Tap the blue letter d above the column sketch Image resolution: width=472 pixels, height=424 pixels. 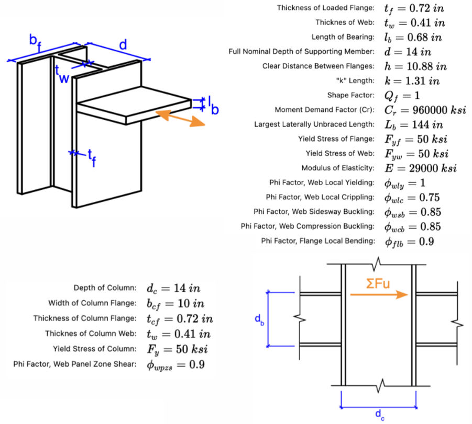[x=123, y=45]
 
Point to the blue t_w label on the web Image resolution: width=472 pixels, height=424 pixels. [x=62, y=74]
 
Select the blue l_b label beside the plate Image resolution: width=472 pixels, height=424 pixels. [x=213, y=106]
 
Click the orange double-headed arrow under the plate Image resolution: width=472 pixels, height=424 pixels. [x=180, y=118]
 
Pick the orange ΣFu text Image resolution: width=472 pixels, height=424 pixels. [x=378, y=283]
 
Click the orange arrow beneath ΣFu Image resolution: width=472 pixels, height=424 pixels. [x=379, y=295]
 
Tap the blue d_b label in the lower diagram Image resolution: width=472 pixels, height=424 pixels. [x=259, y=320]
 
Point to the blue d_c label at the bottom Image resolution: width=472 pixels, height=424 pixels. [x=380, y=415]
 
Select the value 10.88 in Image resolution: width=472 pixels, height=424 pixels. [x=426, y=66]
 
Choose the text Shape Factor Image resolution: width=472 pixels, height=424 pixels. [x=350, y=95]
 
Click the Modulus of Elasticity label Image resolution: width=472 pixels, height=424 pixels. [x=338, y=168]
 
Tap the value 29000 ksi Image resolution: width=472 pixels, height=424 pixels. [x=433, y=168]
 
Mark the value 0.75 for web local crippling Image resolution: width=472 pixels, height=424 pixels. [x=429, y=198]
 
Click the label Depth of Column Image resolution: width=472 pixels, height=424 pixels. [x=105, y=288]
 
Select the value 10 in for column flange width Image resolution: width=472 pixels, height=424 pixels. [x=191, y=304]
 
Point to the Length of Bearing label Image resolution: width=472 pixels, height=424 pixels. [x=343, y=37]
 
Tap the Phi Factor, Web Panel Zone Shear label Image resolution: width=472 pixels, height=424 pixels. [x=75, y=364]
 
